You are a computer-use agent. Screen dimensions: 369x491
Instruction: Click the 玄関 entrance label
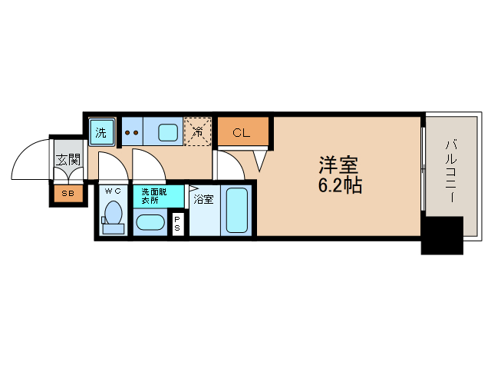click(68, 160)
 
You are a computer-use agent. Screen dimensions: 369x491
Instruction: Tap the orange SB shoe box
click(68, 194)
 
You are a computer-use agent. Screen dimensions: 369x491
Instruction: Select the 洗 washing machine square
click(101, 131)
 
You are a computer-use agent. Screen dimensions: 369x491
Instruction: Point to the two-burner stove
click(131, 132)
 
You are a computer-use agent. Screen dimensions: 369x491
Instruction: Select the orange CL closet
click(242, 132)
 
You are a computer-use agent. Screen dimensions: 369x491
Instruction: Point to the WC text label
click(113, 191)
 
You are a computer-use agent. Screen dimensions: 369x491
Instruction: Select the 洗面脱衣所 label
click(150, 195)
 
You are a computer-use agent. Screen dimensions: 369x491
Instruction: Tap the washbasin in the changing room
click(149, 224)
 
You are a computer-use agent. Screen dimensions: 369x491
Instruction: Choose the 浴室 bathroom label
click(203, 199)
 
